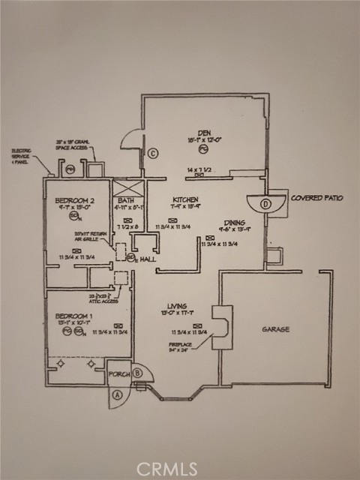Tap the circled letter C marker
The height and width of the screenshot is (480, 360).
[152, 154]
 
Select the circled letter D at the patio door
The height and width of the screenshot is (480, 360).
[265, 203]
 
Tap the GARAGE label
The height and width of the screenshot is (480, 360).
[275, 329]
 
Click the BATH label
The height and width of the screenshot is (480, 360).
[124, 199]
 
